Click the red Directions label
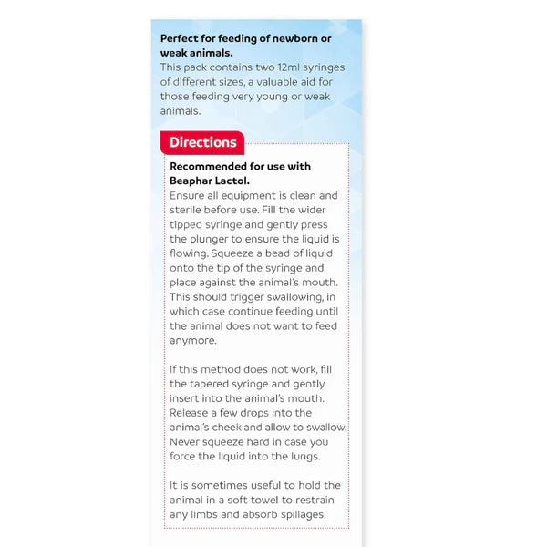(x=202, y=142)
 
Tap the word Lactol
(x=237, y=181)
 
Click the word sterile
(x=189, y=210)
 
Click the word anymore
(x=194, y=341)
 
